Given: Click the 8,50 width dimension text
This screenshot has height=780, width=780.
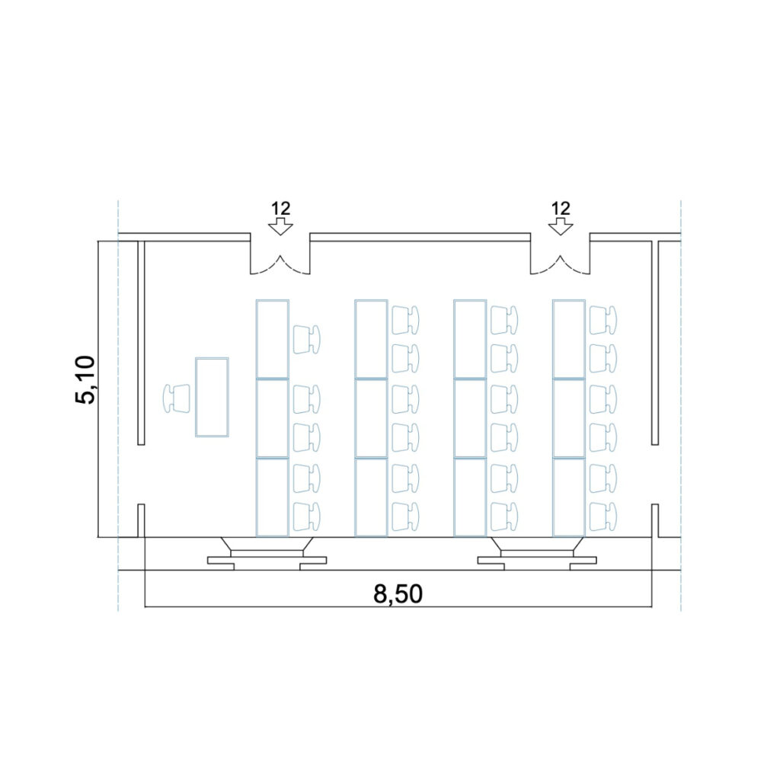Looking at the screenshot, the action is pos(398,594).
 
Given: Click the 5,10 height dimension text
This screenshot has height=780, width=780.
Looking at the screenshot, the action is pos(85,380).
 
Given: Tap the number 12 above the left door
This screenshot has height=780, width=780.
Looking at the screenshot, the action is pos(280,208).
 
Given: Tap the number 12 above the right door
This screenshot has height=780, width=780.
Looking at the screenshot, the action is pos(561,208).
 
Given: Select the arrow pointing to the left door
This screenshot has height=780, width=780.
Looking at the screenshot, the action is pos(280,226).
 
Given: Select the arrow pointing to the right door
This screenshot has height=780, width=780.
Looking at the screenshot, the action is pos(561,226).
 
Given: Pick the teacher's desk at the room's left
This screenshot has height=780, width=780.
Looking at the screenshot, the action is pos(212,397).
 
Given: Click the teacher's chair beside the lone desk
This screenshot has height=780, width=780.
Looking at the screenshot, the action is pos(177,398).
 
